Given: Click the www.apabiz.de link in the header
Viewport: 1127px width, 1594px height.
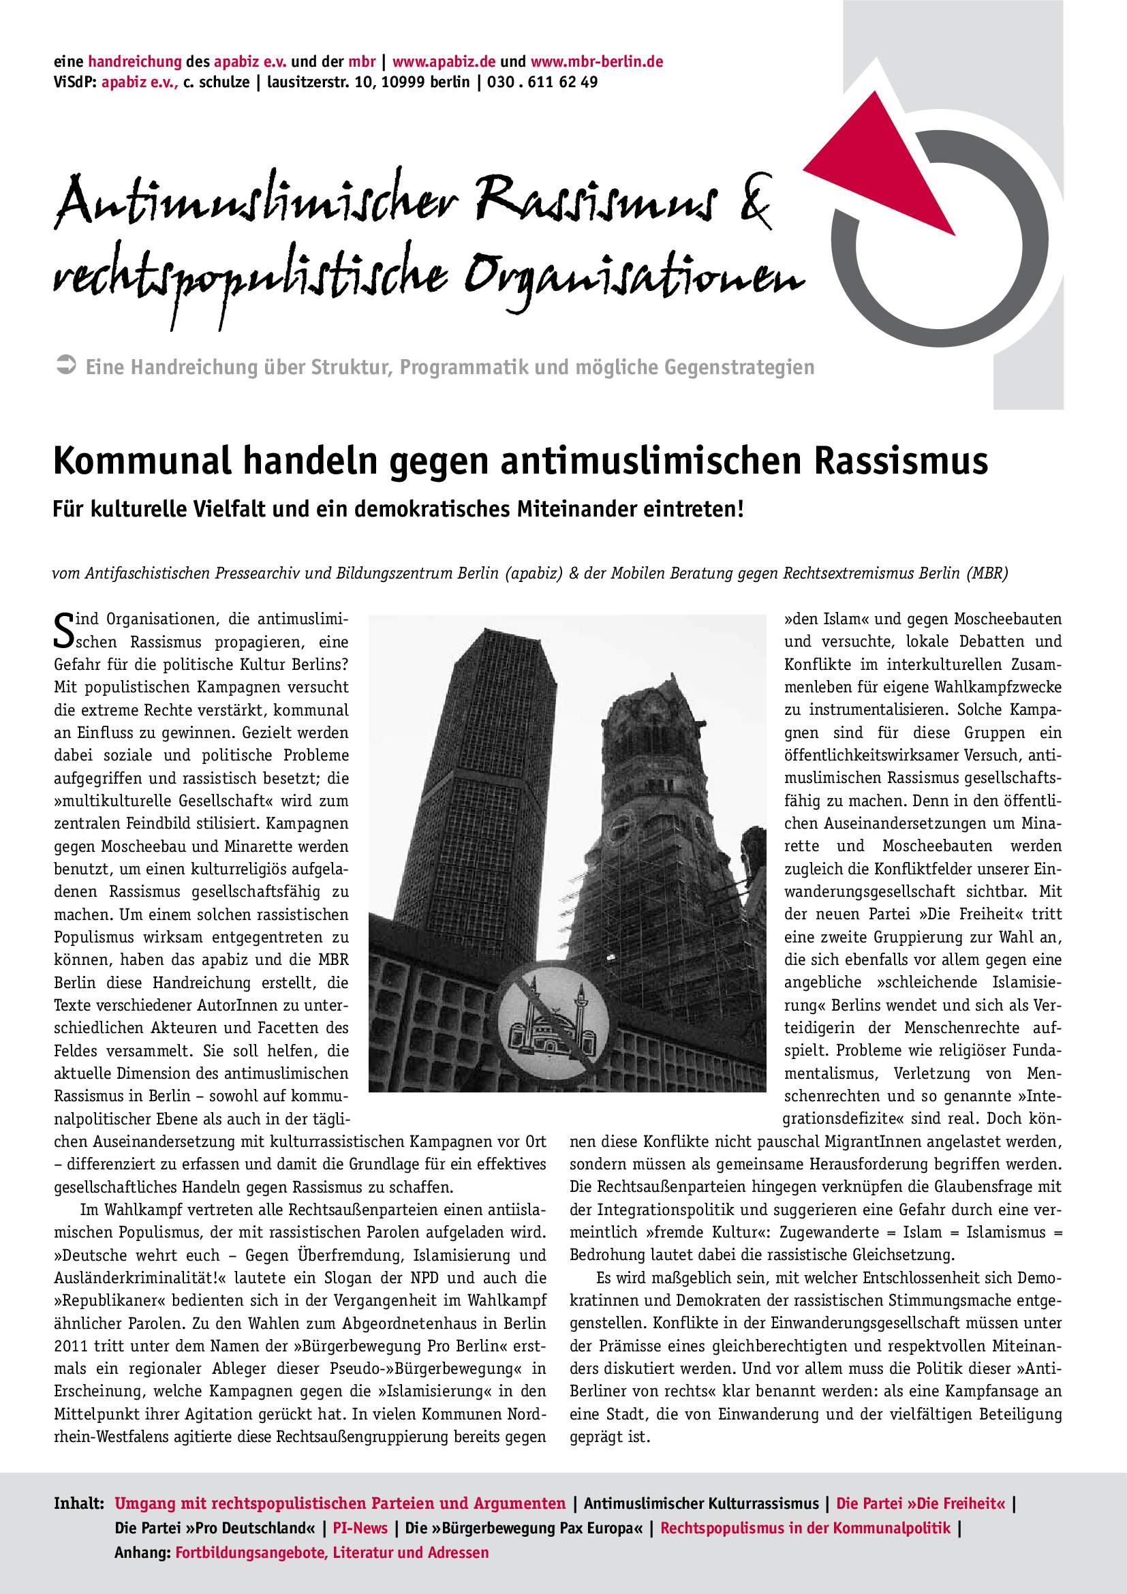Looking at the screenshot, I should pos(443,61).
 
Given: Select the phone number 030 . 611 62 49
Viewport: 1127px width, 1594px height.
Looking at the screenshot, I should pos(542,82).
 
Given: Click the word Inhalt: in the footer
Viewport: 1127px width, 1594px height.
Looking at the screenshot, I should pos(78,1504).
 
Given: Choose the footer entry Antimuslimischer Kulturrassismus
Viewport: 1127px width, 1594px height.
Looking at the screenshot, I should pos(701,1504).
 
